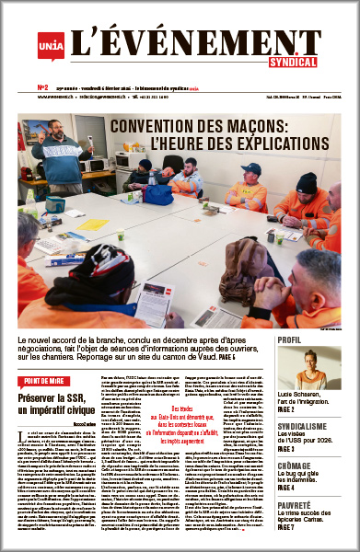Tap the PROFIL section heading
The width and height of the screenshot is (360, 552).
click(291, 340)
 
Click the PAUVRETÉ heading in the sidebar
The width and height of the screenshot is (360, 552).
click(298, 506)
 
